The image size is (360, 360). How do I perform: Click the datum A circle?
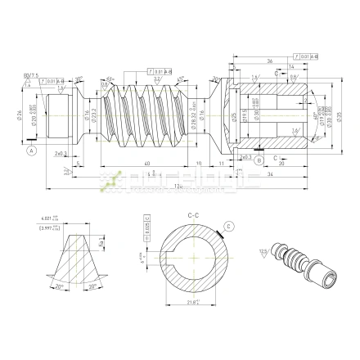[32, 151]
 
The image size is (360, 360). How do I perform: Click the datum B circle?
[259, 160]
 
